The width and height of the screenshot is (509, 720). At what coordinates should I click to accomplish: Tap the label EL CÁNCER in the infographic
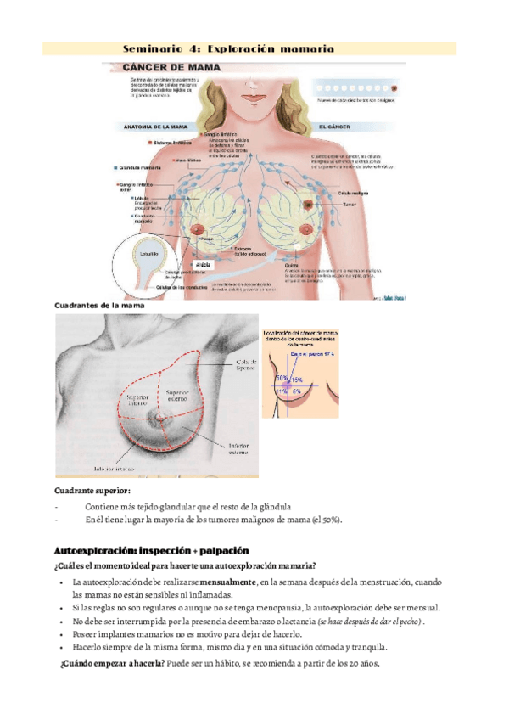coord(335,127)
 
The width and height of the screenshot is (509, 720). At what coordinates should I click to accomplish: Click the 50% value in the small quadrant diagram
coord(281,375)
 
